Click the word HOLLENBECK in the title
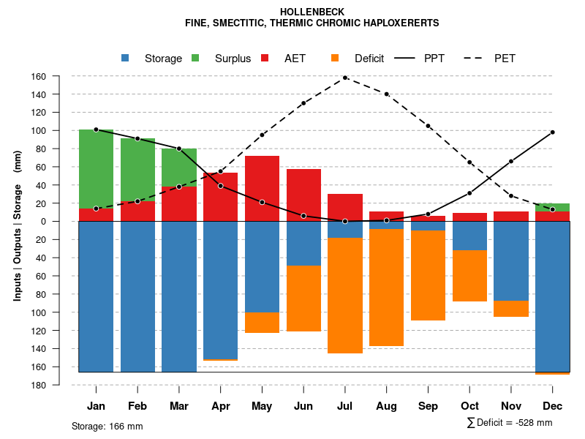click(312, 12)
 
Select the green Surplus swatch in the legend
click(196, 59)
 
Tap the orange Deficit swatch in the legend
click(336, 59)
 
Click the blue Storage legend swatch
click(126, 59)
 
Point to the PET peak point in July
click(345, 78)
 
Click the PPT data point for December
click(552, 132)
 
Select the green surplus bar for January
click(96, 169)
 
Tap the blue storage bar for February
click(137, 296)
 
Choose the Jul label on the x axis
click(345, 406)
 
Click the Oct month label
click(469, 406)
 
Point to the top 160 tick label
click(59, 76)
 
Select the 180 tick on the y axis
click(59, 385)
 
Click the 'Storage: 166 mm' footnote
click(107, 426)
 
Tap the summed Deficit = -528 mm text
click(510, 423)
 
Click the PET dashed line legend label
click(505, 59)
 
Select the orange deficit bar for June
click(303, 299)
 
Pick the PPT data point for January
click(96, 130)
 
